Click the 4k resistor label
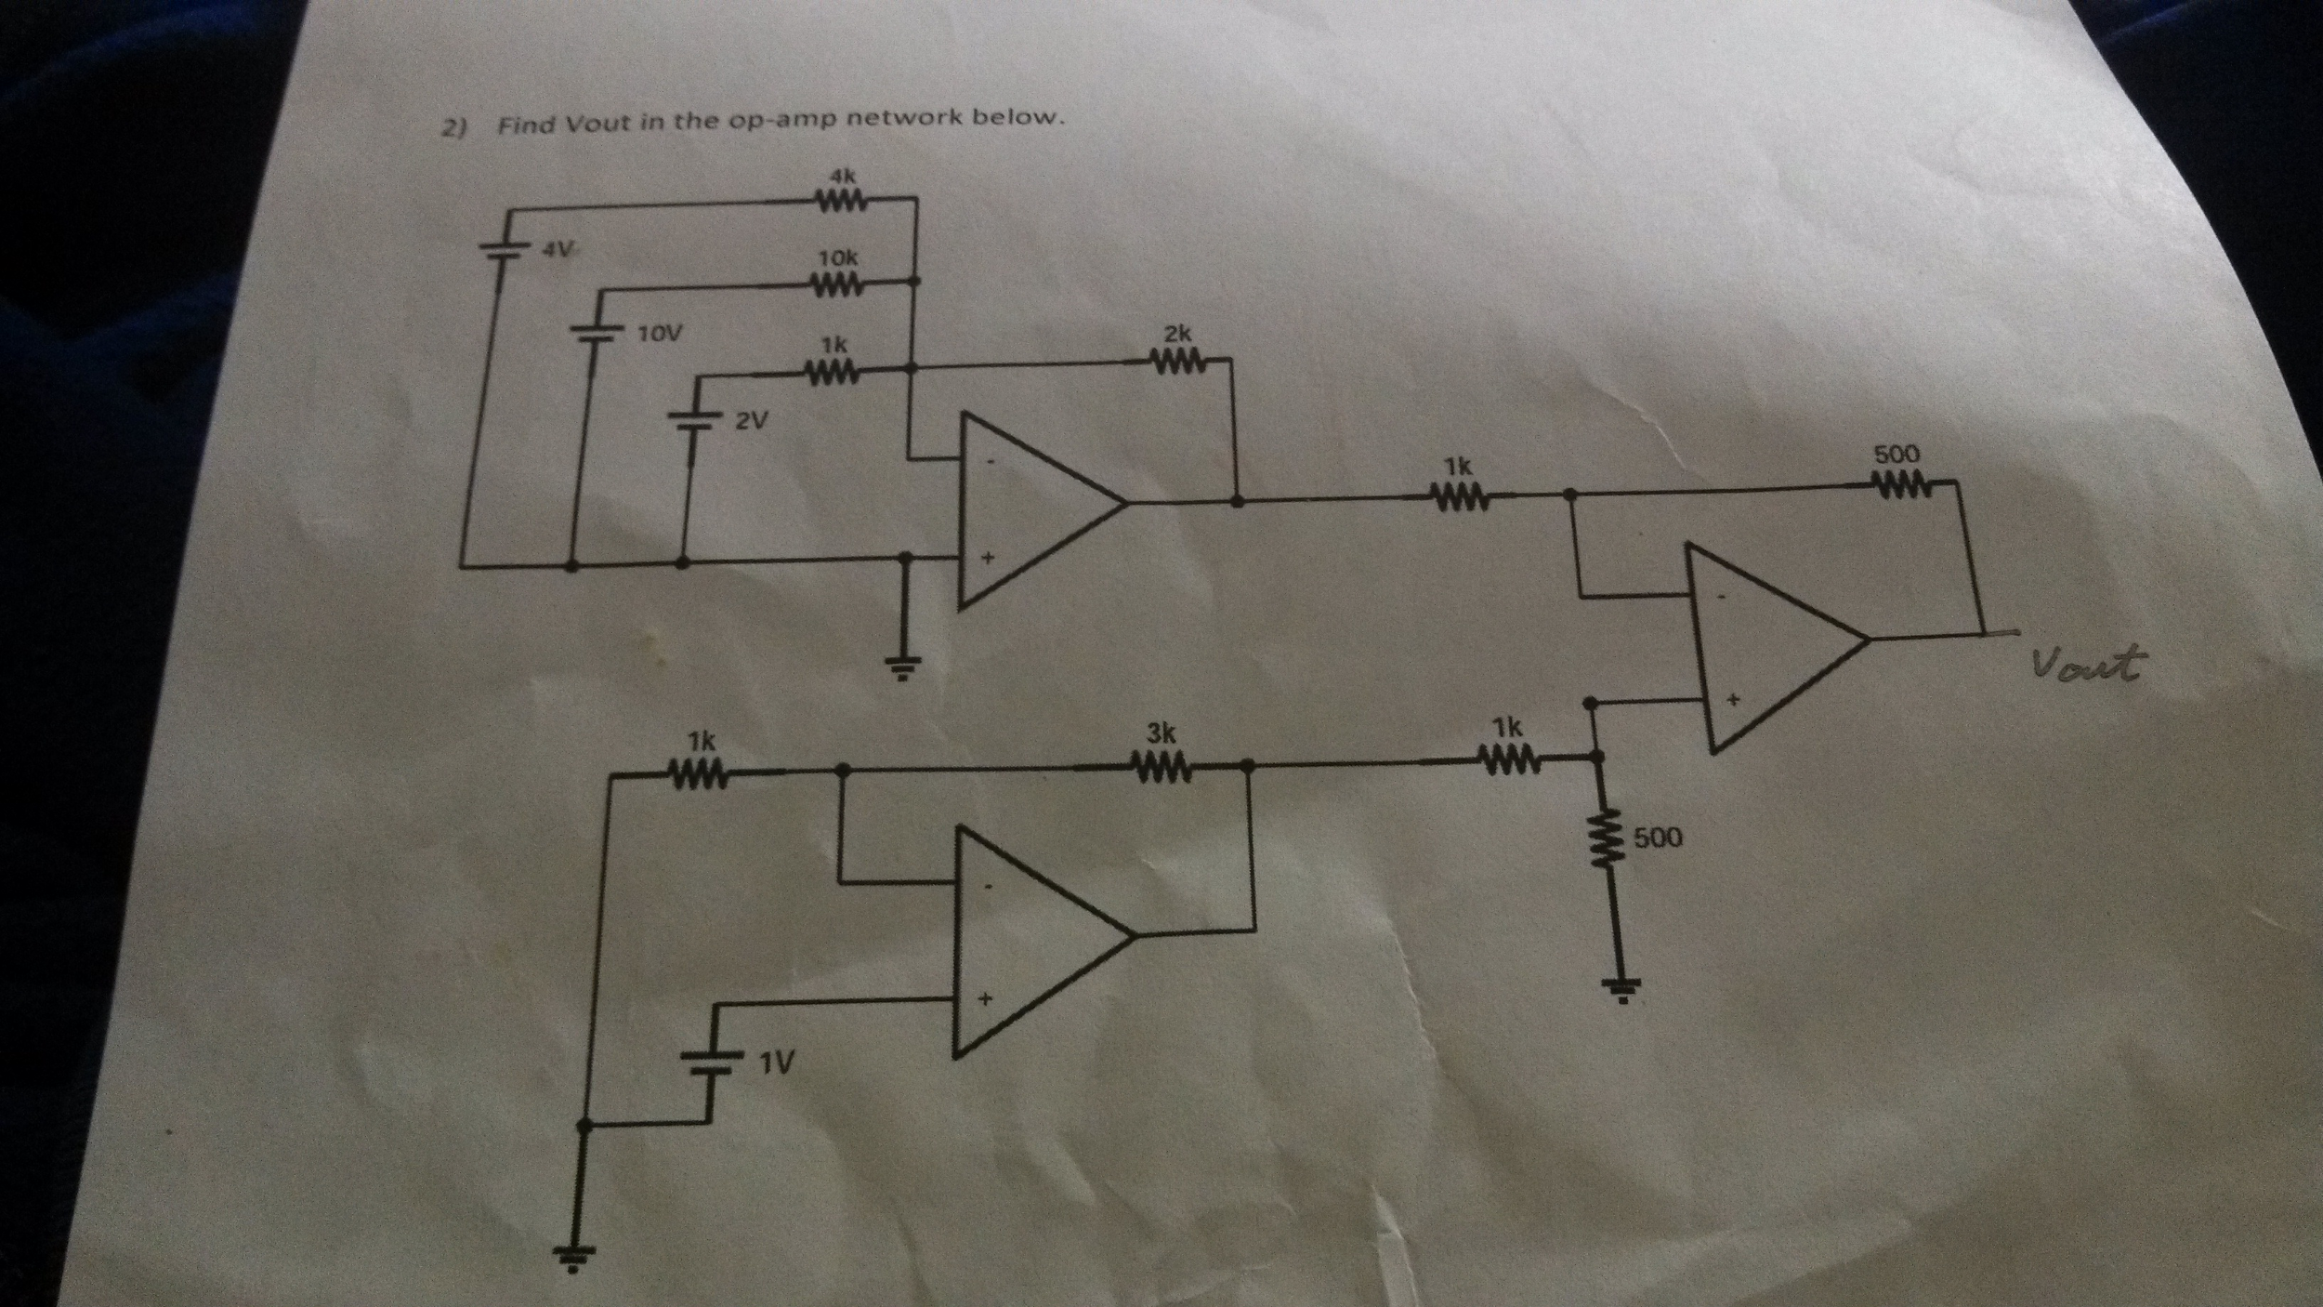(843, 176)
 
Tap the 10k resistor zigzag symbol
(839, 285)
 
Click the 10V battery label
(659, 333)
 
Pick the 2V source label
(752, 421)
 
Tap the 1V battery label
(776, 1061)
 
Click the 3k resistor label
(1159, 733)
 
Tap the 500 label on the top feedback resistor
(1896, 455)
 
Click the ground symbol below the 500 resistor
(1621, 989)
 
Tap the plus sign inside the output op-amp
(1732, 699)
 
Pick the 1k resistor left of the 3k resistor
(701, 772)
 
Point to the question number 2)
(453, 128)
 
